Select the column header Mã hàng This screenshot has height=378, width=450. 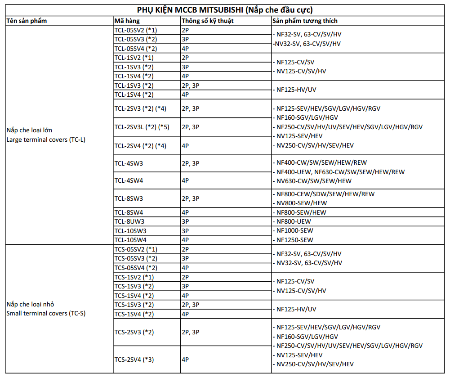click(127, 21)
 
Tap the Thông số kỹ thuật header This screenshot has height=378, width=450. click(207, 21)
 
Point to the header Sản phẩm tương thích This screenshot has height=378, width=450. click(305, 21)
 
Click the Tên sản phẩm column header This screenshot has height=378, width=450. click(27, 21)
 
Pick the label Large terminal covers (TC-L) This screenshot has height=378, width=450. click(46, 139)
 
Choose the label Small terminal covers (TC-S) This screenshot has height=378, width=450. click(46, 313)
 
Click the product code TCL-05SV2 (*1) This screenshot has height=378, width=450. click(135, 30)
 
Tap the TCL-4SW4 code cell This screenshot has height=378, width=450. click(129, 180)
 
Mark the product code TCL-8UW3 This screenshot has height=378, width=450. click(129, 221)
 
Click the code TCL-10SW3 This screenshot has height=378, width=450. click(130, 230)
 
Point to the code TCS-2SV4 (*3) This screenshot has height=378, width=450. click(134, 359)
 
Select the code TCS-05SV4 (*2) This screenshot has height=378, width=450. click(136, 268)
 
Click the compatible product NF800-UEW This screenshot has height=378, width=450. click(294, 221)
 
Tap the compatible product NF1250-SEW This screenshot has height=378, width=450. click(294, 240)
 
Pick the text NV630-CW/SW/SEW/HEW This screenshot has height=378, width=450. click(314, 181)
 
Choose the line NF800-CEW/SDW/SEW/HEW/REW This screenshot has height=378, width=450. click(325, 194)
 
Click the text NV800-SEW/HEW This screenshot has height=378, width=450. click(301, 203)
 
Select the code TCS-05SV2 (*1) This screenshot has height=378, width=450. click(135, 249)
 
